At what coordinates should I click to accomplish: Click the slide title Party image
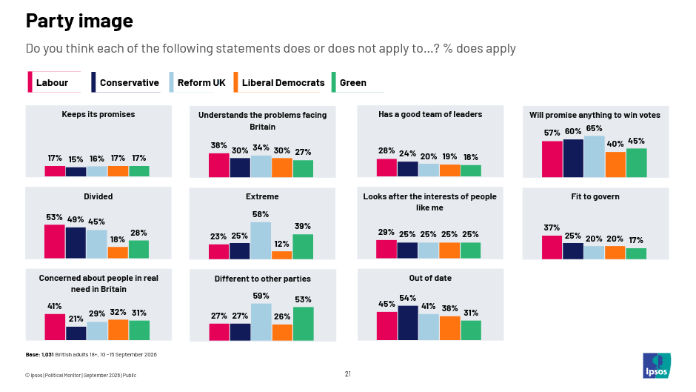point(79,21)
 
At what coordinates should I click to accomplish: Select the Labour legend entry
point(54,82)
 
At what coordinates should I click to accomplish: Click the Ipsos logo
point(657,365)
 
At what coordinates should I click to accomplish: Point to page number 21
point(347,374)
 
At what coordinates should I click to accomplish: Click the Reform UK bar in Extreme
point(261,240)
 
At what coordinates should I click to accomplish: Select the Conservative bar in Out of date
point(408,322)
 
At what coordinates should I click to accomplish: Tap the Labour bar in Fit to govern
point(552,247)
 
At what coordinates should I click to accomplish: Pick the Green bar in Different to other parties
point(303,324)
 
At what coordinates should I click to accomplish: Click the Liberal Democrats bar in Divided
point(118,253)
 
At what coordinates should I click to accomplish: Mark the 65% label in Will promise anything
point(594,128)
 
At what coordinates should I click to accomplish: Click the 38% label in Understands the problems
point(218,145)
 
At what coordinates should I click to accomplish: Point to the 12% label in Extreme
point(281,244)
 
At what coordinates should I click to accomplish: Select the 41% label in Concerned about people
point(54,306)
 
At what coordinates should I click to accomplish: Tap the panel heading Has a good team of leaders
point(430,114)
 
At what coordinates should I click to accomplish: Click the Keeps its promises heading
point(98,114)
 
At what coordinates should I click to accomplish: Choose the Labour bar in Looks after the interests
point(387,249)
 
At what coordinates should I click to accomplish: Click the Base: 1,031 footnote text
point(91,355)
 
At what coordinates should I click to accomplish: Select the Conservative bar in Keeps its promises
point(76,172)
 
